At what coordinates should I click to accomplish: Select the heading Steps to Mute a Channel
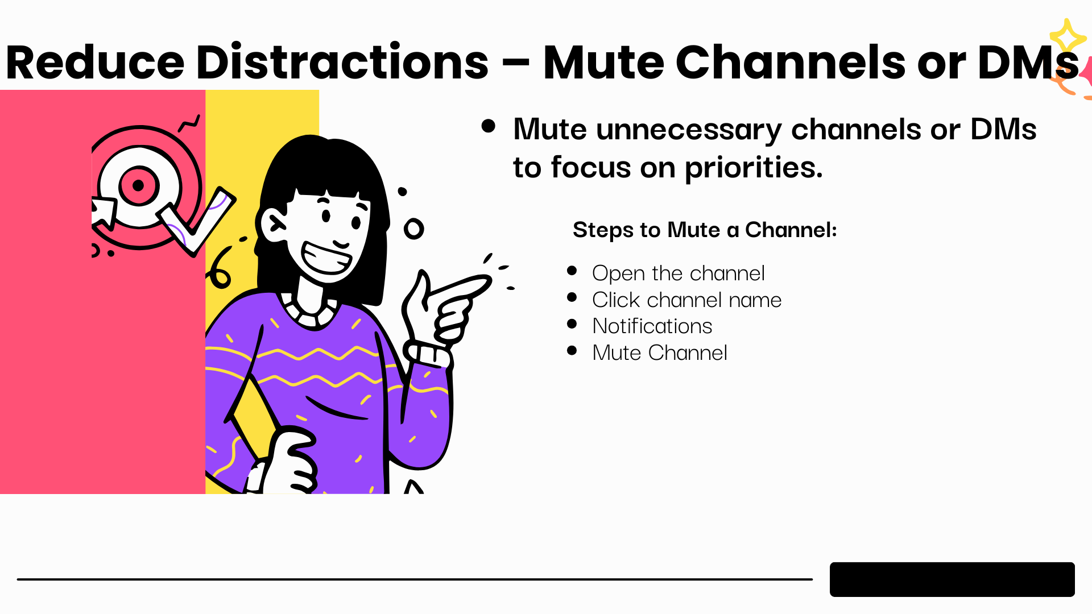click(x=705, y=230)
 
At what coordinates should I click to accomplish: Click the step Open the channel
click(x=678, y=273)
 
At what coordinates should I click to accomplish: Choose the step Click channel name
click(x=686, y=300)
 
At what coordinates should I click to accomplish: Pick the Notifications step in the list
click(x=652, y=326)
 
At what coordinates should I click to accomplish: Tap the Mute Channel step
click(x=659, y=352)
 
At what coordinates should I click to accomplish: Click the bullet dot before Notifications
click(x=572, y=324)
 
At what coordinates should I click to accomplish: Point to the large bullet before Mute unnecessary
click(x=488, y=126)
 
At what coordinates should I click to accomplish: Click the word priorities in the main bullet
click(x=754, y=168)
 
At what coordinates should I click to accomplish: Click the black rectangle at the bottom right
click(x=952, y=579)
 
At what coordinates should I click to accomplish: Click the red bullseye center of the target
click(x=138, y=185)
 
